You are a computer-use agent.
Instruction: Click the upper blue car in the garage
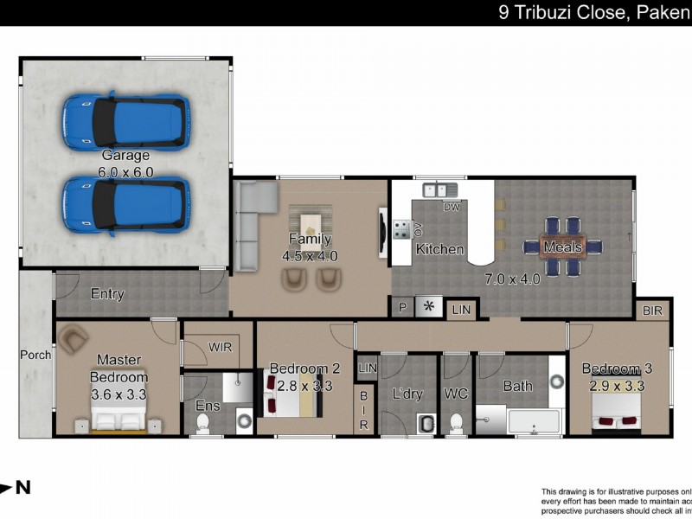coord(125,121)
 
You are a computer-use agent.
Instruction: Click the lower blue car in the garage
coord(125,205)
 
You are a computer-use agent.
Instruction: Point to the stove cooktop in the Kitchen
coord(402,229)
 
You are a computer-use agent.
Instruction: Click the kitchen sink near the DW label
coord(435,190)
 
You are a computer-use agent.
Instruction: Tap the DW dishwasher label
coord(451,207)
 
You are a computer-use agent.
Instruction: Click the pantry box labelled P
coord(402,307)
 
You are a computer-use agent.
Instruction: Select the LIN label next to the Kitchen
coord(462,309)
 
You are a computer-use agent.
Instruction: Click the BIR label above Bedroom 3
coord(653,310)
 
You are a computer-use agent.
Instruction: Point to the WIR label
coord(220,346)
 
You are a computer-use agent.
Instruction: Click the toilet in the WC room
coord(456,423)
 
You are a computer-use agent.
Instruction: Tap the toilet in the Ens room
coord(202,421)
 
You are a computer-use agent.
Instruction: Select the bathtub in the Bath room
coord(534,423)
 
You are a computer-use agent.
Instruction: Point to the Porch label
coord(36,355)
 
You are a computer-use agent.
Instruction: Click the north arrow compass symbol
coord(15,488)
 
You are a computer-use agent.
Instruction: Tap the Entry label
coord(107,294)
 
